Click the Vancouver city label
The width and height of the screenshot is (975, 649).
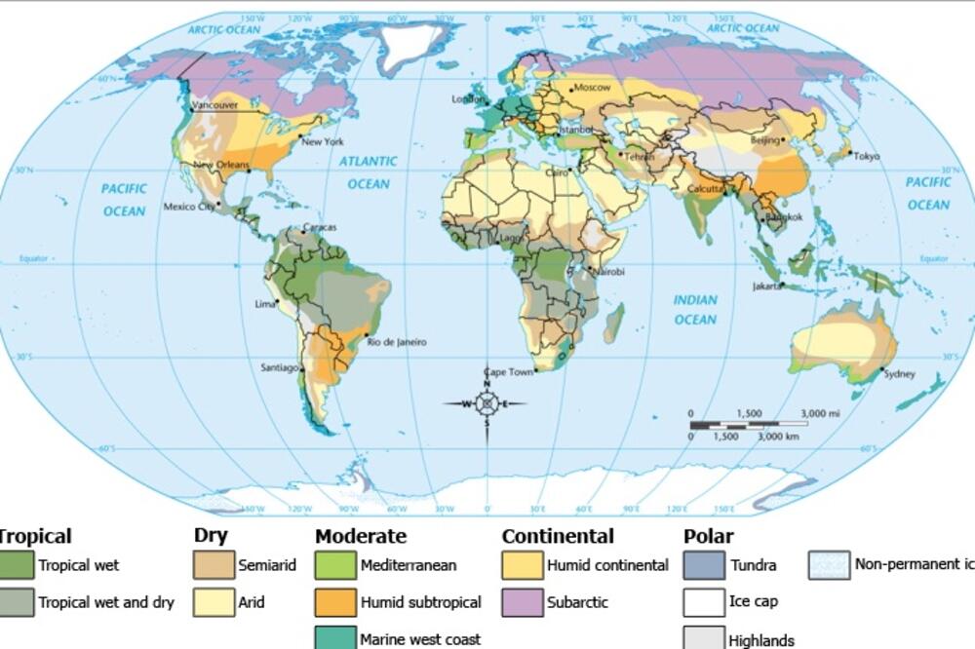pos(215,105)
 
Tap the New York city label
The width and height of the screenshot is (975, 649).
pos(323,142)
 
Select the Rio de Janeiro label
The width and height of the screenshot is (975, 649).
pos(396,342)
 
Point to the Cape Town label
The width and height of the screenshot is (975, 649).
pos(509,372)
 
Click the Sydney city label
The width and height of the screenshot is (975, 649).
pos(899,373)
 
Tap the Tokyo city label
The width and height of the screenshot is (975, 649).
pos(866,156)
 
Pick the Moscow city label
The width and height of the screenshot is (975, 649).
pos(591,88)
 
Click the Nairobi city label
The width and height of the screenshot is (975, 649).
pos(607,271)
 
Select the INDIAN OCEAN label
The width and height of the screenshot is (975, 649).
pos(695,310)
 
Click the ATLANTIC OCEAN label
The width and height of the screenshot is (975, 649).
pos(369,172)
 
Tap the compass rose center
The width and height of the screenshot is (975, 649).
pos(487,403)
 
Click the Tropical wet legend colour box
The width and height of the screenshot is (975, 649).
pos(16,565)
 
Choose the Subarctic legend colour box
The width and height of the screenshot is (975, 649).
pos(522,602)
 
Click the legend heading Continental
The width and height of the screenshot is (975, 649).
pos(558,536)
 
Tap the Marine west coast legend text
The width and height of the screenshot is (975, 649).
pos(420,639)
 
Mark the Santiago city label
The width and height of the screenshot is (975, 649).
pos(280,367)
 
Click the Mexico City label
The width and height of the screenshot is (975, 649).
pos(188,207)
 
